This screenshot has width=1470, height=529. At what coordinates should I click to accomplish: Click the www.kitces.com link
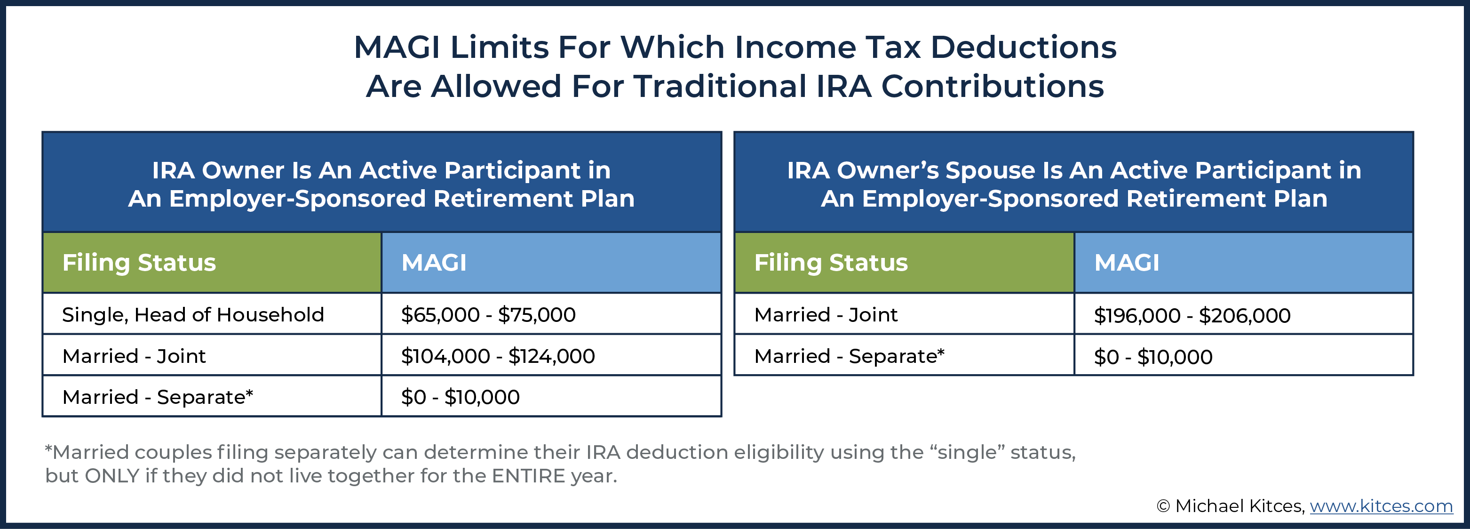1381,505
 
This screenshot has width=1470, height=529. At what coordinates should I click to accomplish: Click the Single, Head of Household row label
193,314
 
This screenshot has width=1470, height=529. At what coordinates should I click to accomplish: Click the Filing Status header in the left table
139,263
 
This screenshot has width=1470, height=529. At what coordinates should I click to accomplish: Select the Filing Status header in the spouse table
831,263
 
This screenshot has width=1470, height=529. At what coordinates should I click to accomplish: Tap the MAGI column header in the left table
434,263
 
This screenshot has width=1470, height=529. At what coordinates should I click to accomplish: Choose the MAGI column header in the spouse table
1127,263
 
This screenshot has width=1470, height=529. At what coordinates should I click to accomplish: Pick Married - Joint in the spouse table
826,314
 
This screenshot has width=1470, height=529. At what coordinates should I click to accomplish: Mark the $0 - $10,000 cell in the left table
460,397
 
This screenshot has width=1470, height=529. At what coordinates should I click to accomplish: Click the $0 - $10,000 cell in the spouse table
1153,357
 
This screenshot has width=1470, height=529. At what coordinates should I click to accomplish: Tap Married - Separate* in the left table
158,397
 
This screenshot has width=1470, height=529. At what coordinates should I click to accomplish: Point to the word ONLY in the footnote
112,476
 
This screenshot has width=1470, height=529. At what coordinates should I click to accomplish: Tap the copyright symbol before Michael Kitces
1163,506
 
